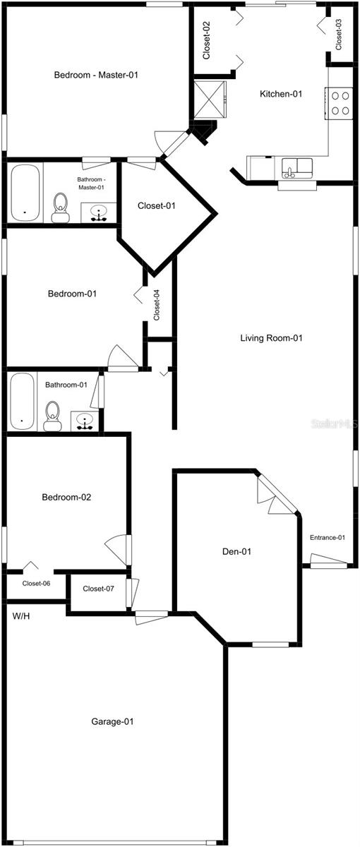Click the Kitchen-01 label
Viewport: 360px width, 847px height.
281,94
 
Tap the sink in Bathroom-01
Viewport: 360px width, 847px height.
85,422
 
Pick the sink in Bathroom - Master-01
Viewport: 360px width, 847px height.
99,212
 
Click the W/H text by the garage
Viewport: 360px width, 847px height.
20,615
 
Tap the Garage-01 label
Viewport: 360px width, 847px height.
112,721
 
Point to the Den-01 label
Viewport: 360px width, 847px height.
237,551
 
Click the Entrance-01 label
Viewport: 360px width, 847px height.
328,538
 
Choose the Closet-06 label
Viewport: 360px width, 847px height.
36,584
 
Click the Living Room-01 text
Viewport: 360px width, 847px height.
271,338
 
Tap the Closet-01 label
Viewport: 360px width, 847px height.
156,206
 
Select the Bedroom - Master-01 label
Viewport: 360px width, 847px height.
95,75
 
